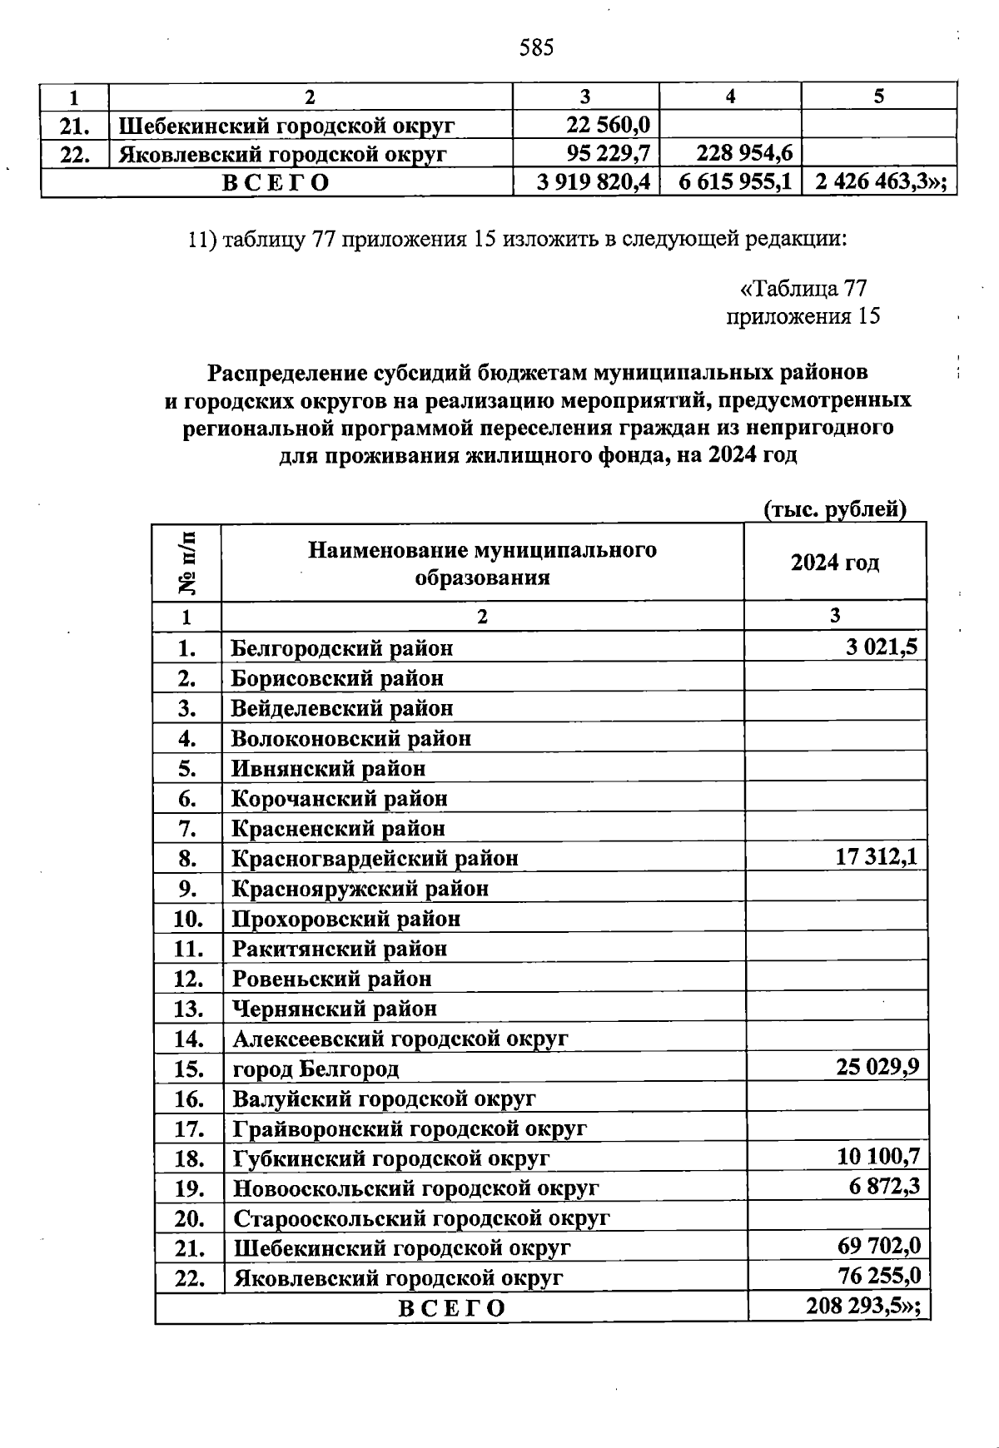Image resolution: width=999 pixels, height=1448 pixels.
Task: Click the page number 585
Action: (x=536, y=47)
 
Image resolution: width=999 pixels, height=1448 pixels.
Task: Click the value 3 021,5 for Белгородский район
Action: (x=882, y=647)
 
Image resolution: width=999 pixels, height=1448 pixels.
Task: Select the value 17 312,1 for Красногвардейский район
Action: (x=876, y=857)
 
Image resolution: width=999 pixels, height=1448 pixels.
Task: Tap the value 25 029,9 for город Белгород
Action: (x=877, y=1068)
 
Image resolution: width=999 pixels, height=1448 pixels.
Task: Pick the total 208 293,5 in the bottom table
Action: (x=863, y=1307)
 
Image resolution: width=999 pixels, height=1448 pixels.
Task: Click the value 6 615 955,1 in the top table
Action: (x=735, y=182)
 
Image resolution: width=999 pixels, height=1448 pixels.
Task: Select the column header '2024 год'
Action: (x=835, y=563)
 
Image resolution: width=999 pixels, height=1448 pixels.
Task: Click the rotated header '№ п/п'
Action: (x=188, y=563)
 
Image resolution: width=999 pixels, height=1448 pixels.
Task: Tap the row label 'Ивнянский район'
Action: (x=328, y=768)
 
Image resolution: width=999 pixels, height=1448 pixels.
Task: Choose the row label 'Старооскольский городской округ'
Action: (x=421, y=1218)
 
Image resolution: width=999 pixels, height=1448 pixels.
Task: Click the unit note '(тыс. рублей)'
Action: (x=834, y=509)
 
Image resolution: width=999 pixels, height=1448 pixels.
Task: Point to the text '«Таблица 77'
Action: (x=803, y=289)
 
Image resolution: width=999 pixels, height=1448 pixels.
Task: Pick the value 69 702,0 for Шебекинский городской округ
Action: (x=878, y=1247)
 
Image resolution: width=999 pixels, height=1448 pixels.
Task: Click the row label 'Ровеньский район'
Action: (x=331, y=979)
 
